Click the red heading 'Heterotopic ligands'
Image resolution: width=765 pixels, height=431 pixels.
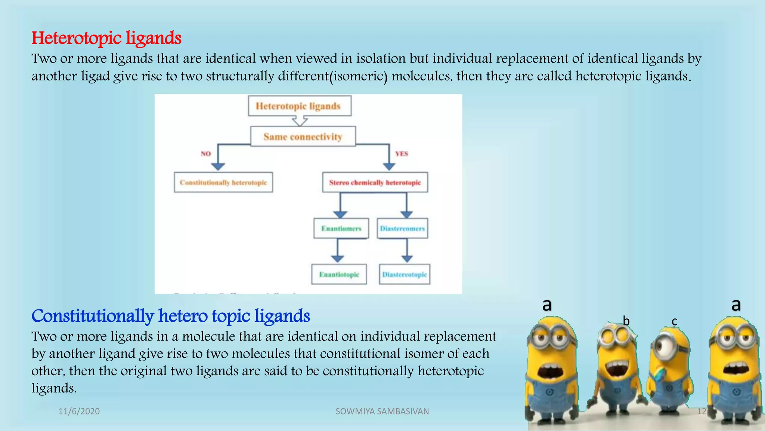[x=106, y=38]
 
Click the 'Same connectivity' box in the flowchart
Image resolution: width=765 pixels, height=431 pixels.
[x=303, y=137]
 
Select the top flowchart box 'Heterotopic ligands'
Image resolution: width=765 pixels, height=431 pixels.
[x=299, y=106]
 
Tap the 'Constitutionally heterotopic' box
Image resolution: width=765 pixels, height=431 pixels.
[x=223, y=183]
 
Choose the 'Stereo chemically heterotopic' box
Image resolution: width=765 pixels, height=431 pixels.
[x=375, y=183]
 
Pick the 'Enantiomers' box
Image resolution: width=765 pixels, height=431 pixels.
[x=341, y=229]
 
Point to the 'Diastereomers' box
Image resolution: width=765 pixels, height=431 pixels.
[x=402, y=229]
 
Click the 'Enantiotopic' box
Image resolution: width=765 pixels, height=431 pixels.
[x=339, y=275]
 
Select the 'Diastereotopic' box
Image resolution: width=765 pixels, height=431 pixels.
[x=405, y=275]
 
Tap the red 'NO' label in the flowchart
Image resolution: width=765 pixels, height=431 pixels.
[x=206, y=154]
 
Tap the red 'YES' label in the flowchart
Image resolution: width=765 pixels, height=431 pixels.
[x=402, y=154]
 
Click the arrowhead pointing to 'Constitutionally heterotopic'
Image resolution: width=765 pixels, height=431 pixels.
[x=218, y=166]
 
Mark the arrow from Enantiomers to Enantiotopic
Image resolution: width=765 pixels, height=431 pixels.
[x=338, y=251]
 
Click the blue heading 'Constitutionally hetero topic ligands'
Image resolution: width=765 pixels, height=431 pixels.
[x=171, y=316]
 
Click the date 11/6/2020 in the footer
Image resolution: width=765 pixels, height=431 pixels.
[x=79, y=412]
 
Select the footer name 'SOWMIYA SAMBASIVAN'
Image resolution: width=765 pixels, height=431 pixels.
[x=382, y=412]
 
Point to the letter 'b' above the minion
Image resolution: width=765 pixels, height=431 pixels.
[x=626, y=321]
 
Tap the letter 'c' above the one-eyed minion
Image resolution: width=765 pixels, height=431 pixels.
[x=674, y=321]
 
